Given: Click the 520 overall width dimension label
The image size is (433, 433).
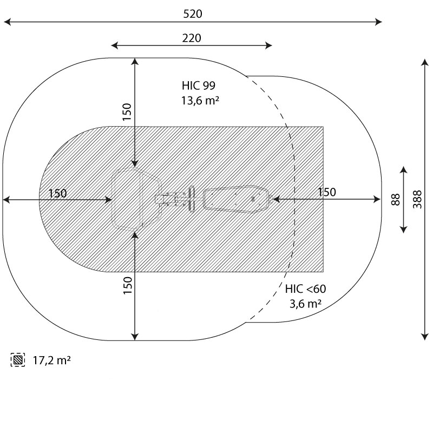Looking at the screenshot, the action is point(193,14).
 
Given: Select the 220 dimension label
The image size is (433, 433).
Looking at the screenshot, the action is point(192,38).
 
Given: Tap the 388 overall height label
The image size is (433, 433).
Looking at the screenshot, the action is point(417,199).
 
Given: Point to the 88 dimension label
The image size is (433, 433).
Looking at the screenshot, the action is point(396,199).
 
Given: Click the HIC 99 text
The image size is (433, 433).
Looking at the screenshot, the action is point(198,86).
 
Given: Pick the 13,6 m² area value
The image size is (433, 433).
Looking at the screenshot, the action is point(200,101).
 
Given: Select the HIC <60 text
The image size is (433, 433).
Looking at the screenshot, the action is point(305,289).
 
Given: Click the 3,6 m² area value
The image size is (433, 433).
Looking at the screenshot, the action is point(305,304).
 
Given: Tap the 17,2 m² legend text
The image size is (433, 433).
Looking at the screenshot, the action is point(51,360).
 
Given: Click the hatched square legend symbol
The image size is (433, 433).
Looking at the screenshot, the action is point(18,360).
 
